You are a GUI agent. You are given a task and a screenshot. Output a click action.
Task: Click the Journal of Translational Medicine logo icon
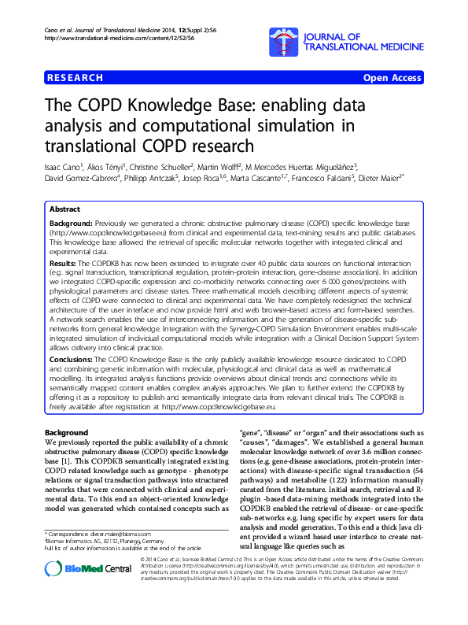[x=280, y=38]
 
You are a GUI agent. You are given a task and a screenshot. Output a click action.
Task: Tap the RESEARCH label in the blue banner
[x=76, y=78]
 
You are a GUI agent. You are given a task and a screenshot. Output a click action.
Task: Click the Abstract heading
[x=64, y=210]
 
